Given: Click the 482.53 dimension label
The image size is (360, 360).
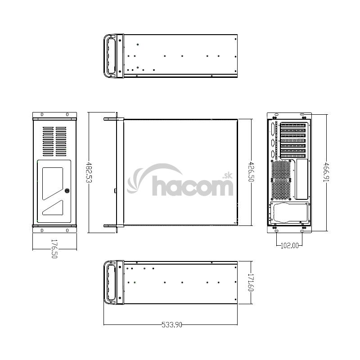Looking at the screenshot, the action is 89,172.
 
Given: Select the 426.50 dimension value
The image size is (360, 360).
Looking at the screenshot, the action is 252,172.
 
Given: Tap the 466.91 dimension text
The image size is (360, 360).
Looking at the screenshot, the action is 326,172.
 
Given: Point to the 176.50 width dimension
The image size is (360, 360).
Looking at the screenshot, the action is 54,249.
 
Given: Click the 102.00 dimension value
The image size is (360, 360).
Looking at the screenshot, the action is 290,246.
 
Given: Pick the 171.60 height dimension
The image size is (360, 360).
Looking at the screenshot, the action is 251,283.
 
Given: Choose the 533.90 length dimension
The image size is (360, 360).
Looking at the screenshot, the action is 172,324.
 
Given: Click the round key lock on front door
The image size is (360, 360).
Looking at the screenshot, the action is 67,190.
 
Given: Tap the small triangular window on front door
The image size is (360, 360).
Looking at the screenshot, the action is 53,208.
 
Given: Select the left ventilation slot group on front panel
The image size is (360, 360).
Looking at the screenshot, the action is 48,141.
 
